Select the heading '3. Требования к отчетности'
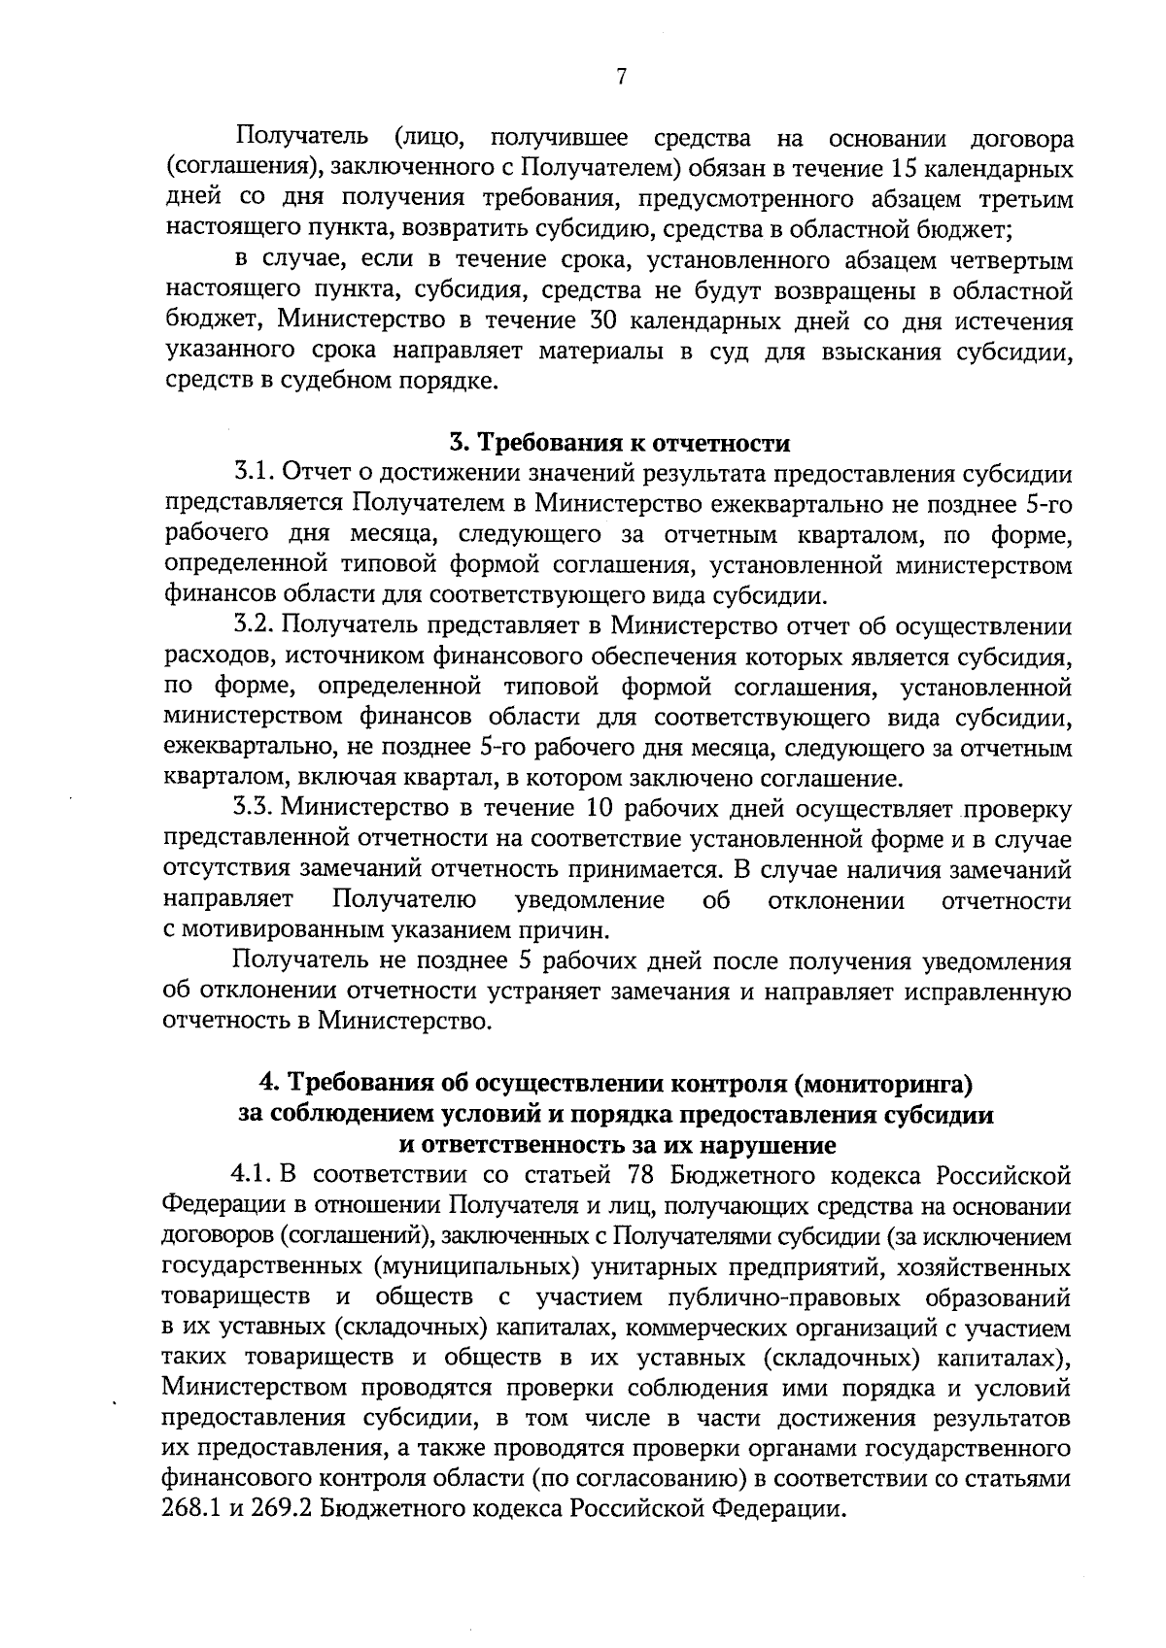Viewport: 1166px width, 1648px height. coord(619,444)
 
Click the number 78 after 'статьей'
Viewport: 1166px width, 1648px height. coord(638,1176)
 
